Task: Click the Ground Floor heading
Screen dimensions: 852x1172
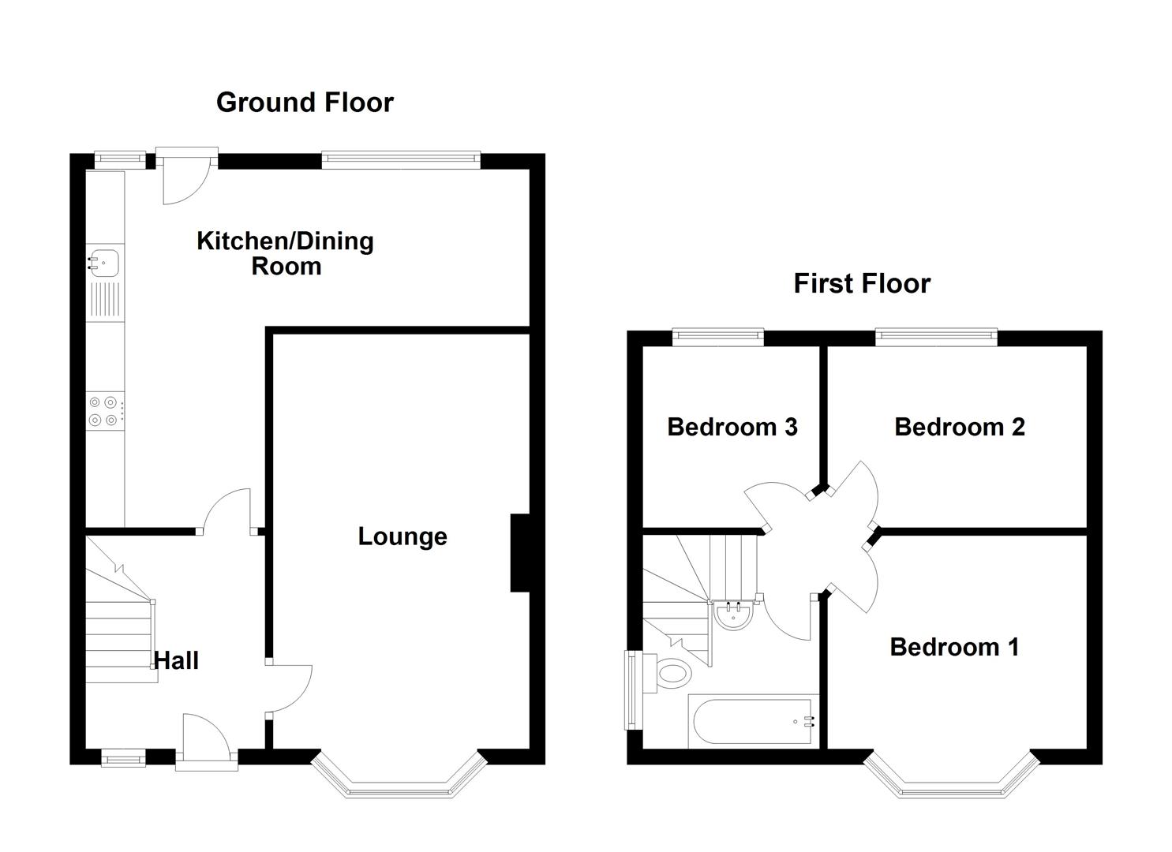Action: tap(305, 103)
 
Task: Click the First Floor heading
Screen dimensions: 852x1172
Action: tap(862, 283)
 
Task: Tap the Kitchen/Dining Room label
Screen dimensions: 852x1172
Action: tap(285, 253)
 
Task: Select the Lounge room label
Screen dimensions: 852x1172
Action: tap(403, 536)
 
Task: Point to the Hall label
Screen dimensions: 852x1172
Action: tap(176, 661)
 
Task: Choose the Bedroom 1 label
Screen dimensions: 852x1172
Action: tap(954, 647)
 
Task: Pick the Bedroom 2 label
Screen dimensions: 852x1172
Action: tap(959, 427)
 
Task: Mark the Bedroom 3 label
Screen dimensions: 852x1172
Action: tap(732, 427)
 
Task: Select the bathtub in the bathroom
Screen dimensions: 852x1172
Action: tap(753, 721)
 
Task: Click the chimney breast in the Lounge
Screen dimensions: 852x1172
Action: tap(520, 552)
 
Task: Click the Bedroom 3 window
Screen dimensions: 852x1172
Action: tap(718, 338)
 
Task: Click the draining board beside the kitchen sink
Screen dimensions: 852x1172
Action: tap(105, 301)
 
